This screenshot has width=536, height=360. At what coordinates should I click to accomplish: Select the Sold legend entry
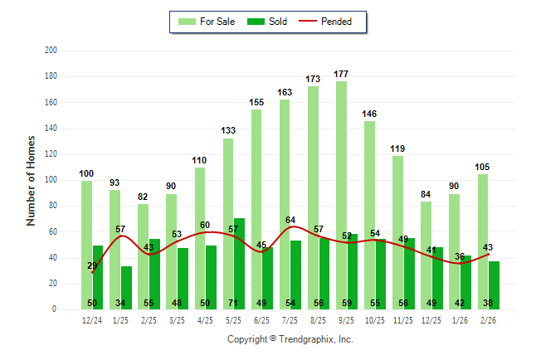click(x=267, y=22)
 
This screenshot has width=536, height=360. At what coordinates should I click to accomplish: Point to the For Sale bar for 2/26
click(x=482, y=241)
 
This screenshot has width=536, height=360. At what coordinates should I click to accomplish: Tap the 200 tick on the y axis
click(x=51, y=51)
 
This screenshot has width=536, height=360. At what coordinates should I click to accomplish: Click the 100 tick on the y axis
click(x=51, y=180)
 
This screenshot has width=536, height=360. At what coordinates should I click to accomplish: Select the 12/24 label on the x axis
click(x=92, y=320)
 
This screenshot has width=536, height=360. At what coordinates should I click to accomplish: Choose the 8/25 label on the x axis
click(x=319, y=320)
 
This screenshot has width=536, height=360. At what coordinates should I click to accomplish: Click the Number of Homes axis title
click(x=31, y=180)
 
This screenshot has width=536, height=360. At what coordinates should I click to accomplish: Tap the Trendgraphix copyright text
click(x=290, y=339)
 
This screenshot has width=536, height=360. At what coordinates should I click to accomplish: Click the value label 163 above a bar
click(x=285, y=92)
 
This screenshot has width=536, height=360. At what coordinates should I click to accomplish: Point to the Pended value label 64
click(x=291, y=220)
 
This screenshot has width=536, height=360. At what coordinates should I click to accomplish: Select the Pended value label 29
click(x=93, y=265)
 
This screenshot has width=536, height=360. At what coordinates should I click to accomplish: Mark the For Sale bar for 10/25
click(x=369, y=215)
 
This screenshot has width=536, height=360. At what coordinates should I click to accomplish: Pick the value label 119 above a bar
click(x=397, y=149)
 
